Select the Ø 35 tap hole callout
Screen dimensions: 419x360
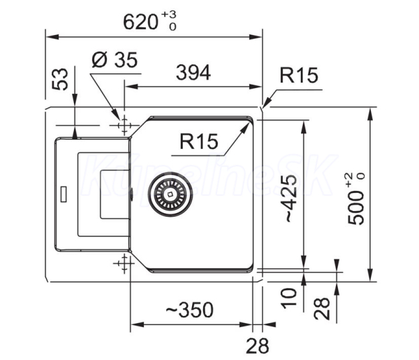tap(115, 59)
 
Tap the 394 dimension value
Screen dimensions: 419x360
tap(193, 73)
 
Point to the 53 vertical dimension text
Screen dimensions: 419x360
tap(60, 79)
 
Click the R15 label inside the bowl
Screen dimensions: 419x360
tap(199, 141)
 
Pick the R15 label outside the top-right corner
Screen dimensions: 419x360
tap(299, 75)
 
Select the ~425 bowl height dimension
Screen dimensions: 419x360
tap(291, 199)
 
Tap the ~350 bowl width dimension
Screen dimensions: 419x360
tap(190, 310)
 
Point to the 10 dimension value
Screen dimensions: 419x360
tap(290, 298)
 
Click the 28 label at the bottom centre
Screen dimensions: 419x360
tap(257, 345)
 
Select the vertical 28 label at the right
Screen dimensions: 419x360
tap(322, 308)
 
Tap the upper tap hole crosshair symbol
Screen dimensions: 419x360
tap(124, 125)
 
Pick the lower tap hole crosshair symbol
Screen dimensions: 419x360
tap(124, 264)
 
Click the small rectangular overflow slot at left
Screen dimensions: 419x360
tap(64, 194)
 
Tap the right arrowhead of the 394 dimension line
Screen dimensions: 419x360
tap(255, 87)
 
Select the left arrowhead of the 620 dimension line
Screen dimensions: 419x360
tap(52, 36)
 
